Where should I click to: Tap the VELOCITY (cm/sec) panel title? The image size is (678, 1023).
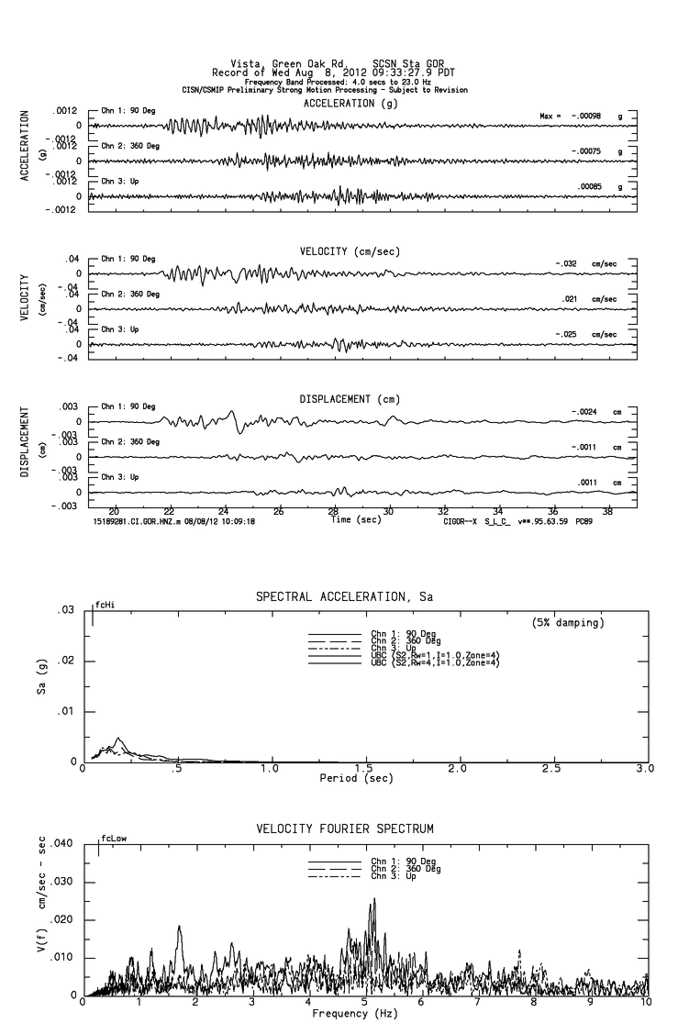click(x=350, y=251)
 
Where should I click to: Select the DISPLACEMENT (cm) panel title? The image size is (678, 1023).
click(x=350, y=399)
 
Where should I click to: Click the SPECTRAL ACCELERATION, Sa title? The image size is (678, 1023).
click(x=343, y=598)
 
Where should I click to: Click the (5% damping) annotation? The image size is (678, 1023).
click(x=568, y=623)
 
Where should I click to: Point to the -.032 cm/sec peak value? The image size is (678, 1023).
click(x=585, y=263)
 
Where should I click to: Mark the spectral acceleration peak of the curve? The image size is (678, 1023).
click(x=118, y=739)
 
